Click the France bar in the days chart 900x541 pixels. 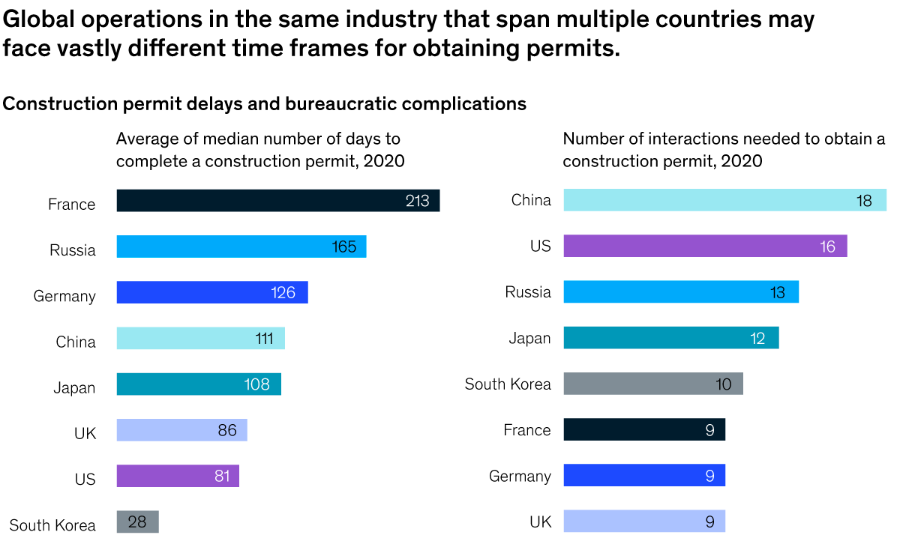(x=277, y=201)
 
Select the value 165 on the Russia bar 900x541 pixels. (x=344, y=247)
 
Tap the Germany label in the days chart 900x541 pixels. (x=64, y=296)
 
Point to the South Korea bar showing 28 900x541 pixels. (x=137, y=522)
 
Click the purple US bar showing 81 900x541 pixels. (x=178, y=476)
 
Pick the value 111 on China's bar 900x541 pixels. (x=264, y=339)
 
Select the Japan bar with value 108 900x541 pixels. (x=199, y=384)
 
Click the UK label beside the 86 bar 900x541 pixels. (x=85, y=433)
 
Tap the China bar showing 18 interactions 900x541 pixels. (x=724, y=200)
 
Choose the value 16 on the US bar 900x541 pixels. (x=827, y=247)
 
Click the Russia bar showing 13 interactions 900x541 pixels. (x=680, y=292)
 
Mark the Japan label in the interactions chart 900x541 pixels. (x=529, y=339)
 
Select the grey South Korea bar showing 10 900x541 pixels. (x=652, y=384)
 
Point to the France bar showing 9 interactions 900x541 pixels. (x=643, y=430)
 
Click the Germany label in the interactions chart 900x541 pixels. (x=520, y=476)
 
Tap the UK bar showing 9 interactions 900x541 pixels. (x=643, y=522)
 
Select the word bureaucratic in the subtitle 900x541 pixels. (x=350, y=103)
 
